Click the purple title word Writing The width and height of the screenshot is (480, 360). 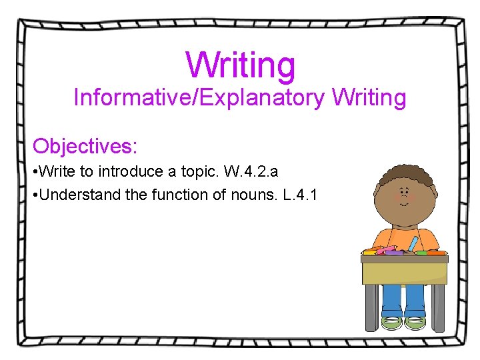(x=240, y=65)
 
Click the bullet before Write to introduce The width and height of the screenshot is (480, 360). (x=35, y=172)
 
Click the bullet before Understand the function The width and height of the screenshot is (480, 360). (x=35, y=196)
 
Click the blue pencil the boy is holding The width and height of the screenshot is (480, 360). (x=415, y=243)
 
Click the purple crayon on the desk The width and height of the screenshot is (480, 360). (x=395, y=253)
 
